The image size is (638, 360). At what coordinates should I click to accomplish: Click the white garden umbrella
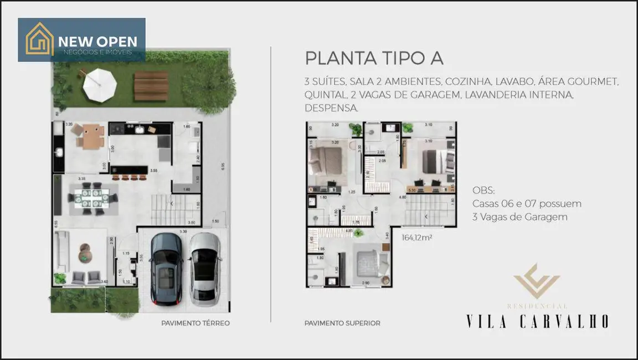100,85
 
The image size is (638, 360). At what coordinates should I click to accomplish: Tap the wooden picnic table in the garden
151,86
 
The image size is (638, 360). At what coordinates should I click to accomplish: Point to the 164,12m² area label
416,238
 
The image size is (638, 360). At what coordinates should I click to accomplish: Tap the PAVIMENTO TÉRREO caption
195,323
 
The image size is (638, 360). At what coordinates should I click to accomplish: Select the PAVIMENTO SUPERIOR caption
342,323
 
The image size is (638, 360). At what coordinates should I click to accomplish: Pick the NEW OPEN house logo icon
40,39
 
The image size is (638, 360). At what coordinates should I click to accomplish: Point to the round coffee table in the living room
84,253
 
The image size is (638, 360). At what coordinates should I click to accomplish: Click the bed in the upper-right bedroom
434,161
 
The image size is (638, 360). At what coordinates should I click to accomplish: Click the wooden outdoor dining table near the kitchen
90,136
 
